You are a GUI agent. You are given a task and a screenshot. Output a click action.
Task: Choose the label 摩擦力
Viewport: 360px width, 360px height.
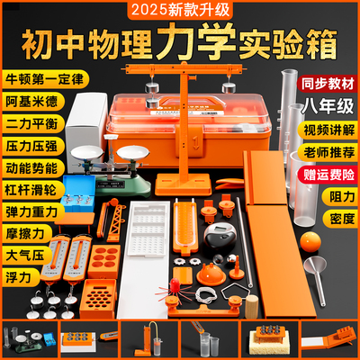[24, 231]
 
